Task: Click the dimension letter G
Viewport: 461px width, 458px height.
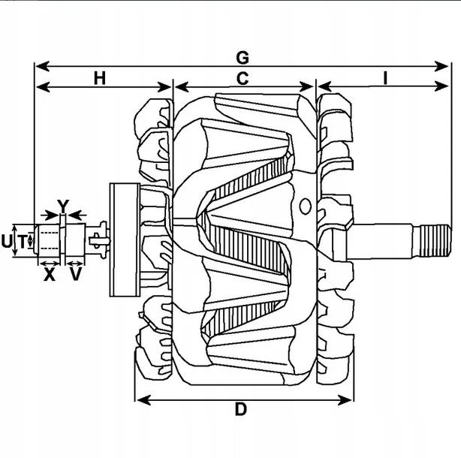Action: click(x=242, y=56)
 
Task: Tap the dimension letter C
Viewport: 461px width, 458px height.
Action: click(x=243, y=78)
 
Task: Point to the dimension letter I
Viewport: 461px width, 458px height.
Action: click(x=384, y=78)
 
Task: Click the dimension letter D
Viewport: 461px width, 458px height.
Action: click(x=240, y=409)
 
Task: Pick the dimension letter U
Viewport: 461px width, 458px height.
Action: click(x=7, y=241)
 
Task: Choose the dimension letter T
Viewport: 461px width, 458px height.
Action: click(x=23, y=241)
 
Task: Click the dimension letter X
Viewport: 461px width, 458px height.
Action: click(x=50, y=275)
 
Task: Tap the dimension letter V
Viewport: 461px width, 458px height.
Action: click(x=75, y=275)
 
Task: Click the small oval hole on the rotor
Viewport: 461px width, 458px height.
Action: click(x=305, y=204)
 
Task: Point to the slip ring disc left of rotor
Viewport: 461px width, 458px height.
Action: click(x=122, y=241)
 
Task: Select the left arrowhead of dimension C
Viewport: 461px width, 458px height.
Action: click(x=179, y=87)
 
